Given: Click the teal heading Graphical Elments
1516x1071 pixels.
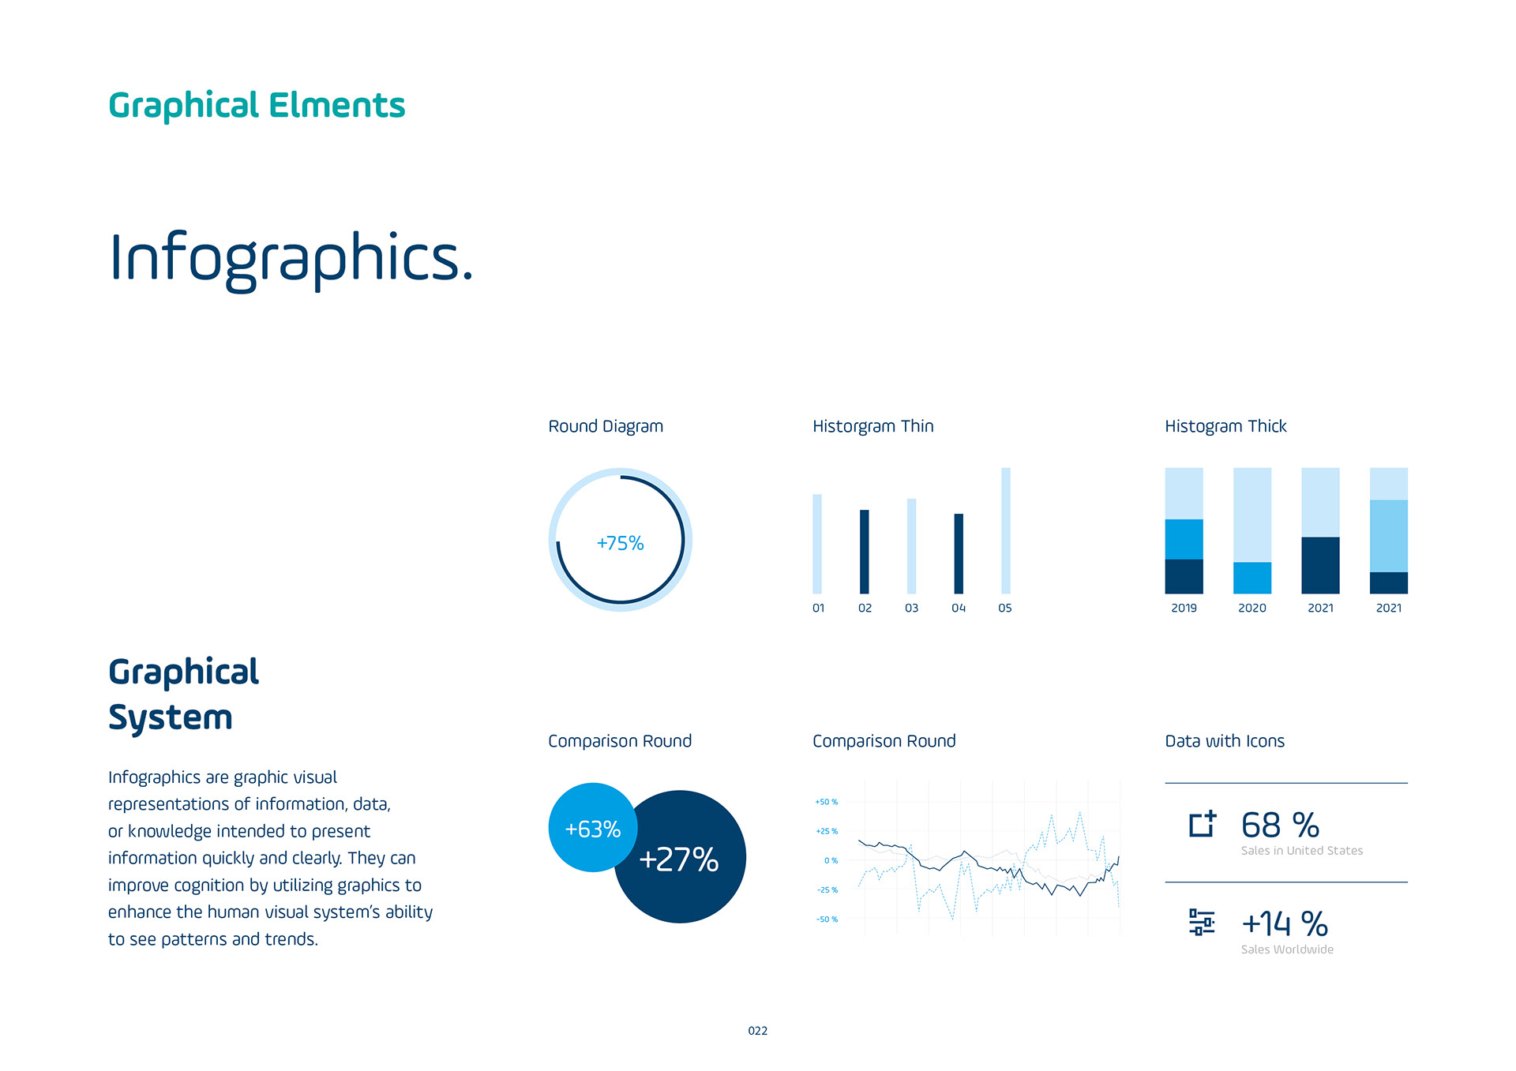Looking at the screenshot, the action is [x=257, y=107].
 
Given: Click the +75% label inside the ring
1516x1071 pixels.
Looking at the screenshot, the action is [x=620, y=543].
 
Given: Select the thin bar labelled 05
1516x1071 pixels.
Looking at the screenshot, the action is [x=1006, y=530].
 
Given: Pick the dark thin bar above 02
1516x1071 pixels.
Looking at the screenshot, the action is [x=865, y=552].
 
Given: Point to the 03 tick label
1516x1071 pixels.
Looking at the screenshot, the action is [x=911, y=608].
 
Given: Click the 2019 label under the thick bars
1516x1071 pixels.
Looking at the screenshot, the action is [x=1184, y=608].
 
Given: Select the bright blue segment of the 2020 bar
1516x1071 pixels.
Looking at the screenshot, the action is [x=1252, y=578].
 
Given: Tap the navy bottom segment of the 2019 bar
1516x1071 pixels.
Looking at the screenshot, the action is [x=1184, y=576].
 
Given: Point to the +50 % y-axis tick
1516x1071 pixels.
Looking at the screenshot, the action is [x=827, y=802].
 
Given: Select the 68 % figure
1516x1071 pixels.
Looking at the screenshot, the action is [x=1280, y=826].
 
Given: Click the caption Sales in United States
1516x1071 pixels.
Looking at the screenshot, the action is [x=1302, y=851].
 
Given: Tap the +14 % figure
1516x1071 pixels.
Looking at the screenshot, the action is [x=1285, y=924].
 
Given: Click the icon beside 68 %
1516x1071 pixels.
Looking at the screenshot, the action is [x=1203, y=824].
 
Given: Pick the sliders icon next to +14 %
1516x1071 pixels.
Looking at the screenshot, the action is [x=1202, y=922].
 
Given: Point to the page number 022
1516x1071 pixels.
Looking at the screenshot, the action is [x=758, y=1031].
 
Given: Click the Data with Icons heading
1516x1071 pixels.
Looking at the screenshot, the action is [x=1225, y=741].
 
